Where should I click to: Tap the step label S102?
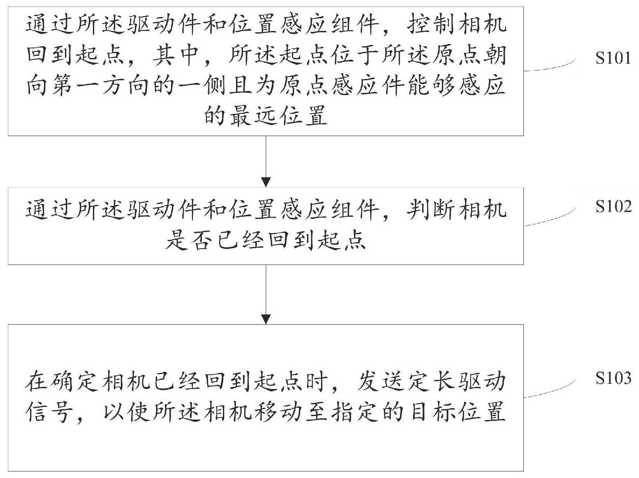613,206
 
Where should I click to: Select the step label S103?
613,378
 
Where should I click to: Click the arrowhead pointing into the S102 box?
266,182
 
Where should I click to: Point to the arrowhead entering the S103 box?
266,319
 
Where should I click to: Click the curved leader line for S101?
550,67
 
